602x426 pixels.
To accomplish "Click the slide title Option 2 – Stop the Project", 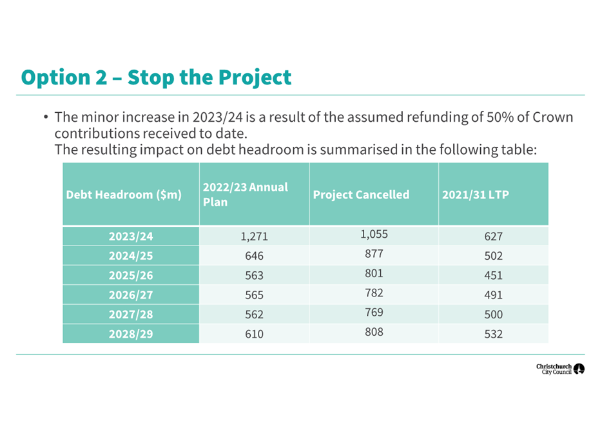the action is tap(156, 77).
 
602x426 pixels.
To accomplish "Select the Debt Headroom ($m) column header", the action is tap(124, 195).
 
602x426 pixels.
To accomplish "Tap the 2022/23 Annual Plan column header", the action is tap(246, 195).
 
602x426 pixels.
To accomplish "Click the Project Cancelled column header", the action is tap(361, 195).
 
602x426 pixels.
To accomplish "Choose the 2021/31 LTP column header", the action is tap(475, 195).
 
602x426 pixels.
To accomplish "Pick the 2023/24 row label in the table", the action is tap(131, 237).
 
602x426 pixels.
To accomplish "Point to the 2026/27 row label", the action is tap(131, 295).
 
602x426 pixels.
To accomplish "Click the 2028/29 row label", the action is tap(131, 334).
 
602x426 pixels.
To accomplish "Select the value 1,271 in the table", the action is tap(254, 237).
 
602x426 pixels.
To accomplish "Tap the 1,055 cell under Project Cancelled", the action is tap(374, 234).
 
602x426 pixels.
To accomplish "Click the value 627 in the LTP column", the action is tap(493, 237).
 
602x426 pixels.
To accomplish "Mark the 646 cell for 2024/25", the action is tap(254, 256).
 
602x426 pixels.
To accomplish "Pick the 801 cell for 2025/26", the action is tap(374, 273).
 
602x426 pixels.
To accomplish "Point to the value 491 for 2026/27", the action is tap(493, 295).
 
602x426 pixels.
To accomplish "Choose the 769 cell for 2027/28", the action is tap(374, 313).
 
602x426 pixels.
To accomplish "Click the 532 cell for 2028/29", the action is tap(493, 334).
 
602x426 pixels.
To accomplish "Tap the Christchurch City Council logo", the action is tap(560, 369).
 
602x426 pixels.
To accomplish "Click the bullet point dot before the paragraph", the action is tap(46, 117).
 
